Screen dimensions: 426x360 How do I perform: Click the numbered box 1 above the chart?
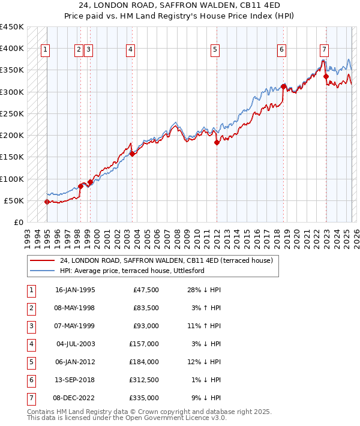point(46,50)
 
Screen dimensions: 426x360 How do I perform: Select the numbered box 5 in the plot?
point(215,50)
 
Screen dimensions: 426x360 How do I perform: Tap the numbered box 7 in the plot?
point(324,50)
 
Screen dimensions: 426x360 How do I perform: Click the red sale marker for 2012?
point(217,142)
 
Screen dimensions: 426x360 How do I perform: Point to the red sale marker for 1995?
point(47,202)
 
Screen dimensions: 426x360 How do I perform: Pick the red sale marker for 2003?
point(132,154)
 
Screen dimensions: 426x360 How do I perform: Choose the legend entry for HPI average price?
point(132,271)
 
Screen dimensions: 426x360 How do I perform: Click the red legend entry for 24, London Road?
point(166,260)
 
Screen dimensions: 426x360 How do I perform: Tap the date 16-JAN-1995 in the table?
point(75,290)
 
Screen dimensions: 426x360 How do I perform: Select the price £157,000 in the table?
point(144,344)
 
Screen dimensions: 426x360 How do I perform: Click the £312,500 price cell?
point(144,379)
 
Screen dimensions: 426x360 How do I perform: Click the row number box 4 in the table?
point(31,344)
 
